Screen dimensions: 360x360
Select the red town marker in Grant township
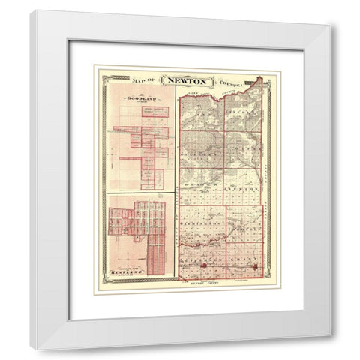[254, 265]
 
